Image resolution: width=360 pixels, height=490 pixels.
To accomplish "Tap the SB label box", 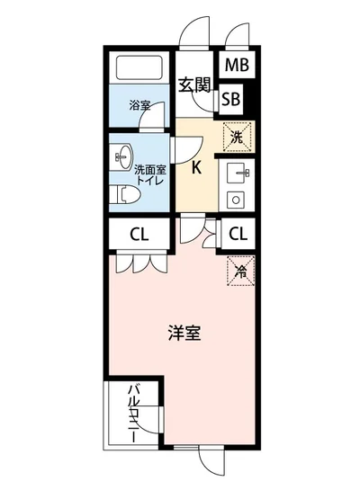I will (230, 99).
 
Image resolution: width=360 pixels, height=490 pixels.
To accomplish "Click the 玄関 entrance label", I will (193, 85).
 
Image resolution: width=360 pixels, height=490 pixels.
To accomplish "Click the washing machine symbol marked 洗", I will (236, 138).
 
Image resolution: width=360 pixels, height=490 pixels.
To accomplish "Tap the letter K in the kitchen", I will (195, 166).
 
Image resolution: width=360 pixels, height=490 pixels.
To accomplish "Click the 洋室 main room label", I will (184, 333).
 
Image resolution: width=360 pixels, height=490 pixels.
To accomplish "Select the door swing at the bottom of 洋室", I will (210, 459).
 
